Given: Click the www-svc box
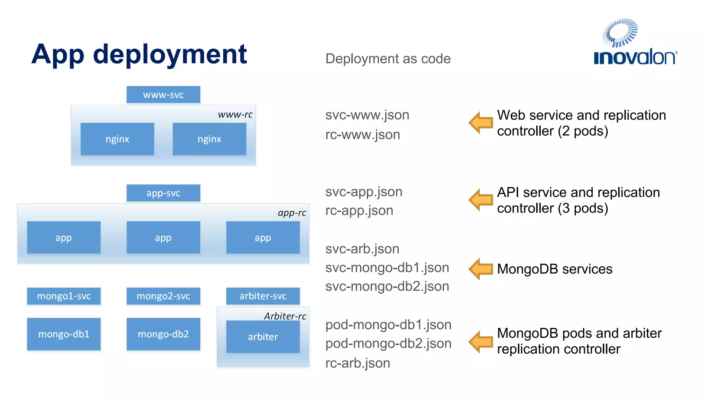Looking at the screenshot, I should tap(163, 95).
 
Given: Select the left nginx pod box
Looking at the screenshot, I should tap(117, 139).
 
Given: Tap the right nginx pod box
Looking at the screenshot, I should tap(209, 139).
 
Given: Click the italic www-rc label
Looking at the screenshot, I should tap(235, 115).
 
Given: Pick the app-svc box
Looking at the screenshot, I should tap(163, 193).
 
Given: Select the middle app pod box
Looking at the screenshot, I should tap(163, 238).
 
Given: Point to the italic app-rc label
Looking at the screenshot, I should tap(292, 213).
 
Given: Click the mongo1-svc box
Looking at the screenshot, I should tap(64, 296).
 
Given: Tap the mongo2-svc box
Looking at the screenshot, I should tap(163, 296).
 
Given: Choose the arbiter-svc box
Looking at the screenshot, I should tap(263, 296).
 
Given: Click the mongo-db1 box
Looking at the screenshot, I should tap(64, 334).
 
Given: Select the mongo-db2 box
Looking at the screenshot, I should tap(163, 334).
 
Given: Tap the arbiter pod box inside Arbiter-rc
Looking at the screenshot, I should tap(263, 337).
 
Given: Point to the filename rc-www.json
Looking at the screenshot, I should tap(362, 135).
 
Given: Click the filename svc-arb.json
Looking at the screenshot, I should tap(362, 249).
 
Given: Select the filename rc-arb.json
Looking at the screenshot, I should tap(358, 363).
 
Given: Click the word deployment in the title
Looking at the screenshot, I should tap(170, 55).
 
